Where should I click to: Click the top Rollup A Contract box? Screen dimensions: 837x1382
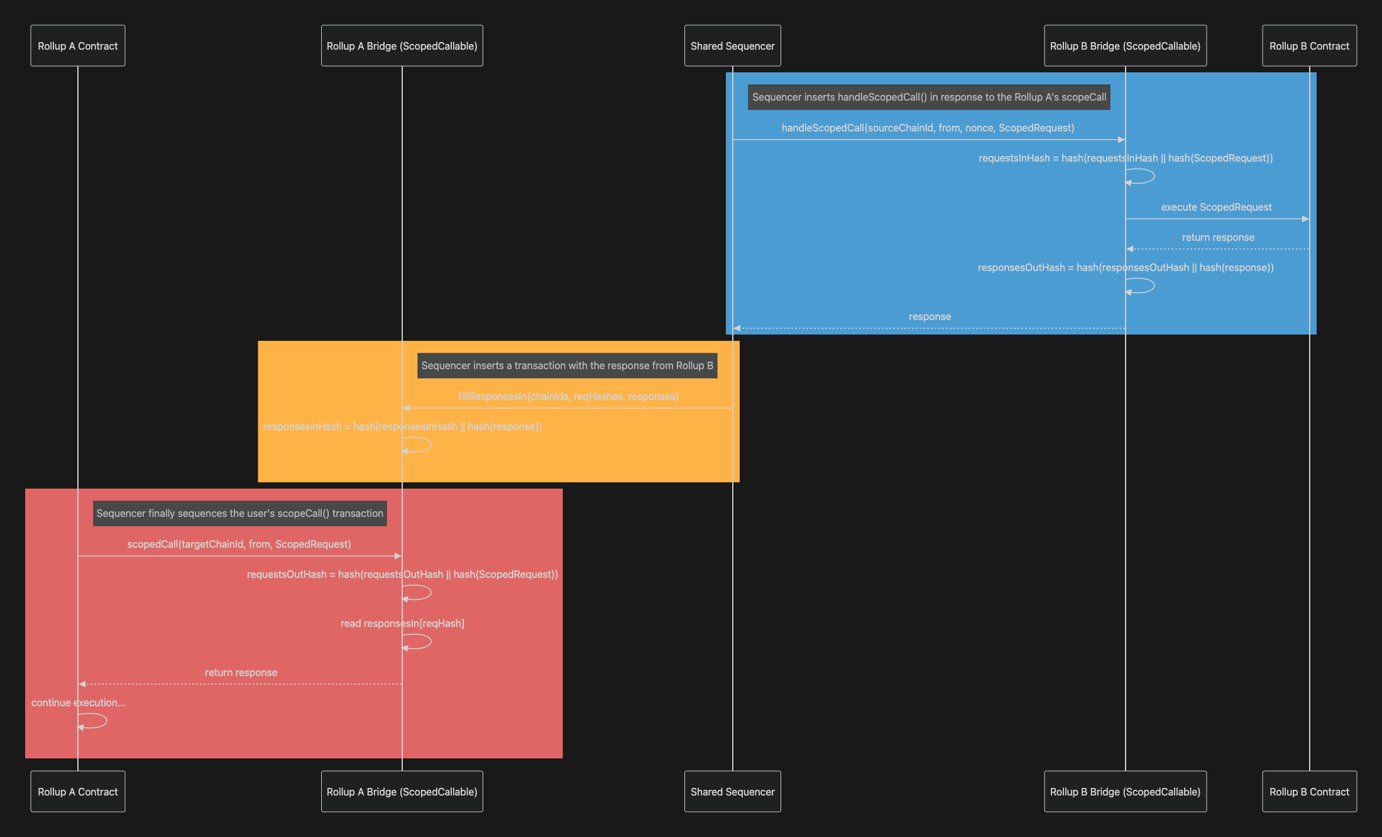(x=77, y=46)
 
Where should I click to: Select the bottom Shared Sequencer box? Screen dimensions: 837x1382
(x=732, y=792)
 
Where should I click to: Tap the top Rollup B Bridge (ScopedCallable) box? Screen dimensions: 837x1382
(x=1125, y=46)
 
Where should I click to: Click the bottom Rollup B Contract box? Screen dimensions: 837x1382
(x=1309, y=792)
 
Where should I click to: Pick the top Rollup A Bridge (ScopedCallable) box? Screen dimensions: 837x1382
(x=402, y=46)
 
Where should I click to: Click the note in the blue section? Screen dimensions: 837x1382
(x=929, y=97)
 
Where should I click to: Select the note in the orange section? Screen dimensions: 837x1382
(x=567, y=366)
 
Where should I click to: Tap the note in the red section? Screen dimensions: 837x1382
(x=239, y=514)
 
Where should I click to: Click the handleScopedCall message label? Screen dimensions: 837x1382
(x=928, y=128)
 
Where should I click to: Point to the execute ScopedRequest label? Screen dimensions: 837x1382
(x=1216, y=208)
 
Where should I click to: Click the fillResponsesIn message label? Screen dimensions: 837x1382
(x=568, y=397)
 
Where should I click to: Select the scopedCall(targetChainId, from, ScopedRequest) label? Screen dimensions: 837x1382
(x=239, y=545)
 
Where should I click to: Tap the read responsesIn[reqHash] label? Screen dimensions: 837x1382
(x=402, y=624)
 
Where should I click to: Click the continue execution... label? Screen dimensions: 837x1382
(x=78, y=703)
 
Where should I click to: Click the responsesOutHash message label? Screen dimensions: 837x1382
(x=1125, y=268)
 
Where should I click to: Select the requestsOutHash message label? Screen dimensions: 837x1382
(x=402, y=575)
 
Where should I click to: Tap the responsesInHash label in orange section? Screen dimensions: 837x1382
(x=402, y=427)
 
